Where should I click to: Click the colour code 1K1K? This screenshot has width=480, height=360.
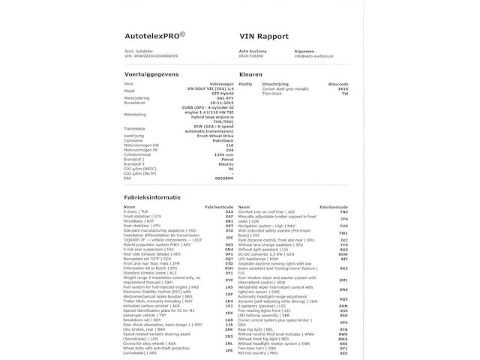[x=343, y=88]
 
